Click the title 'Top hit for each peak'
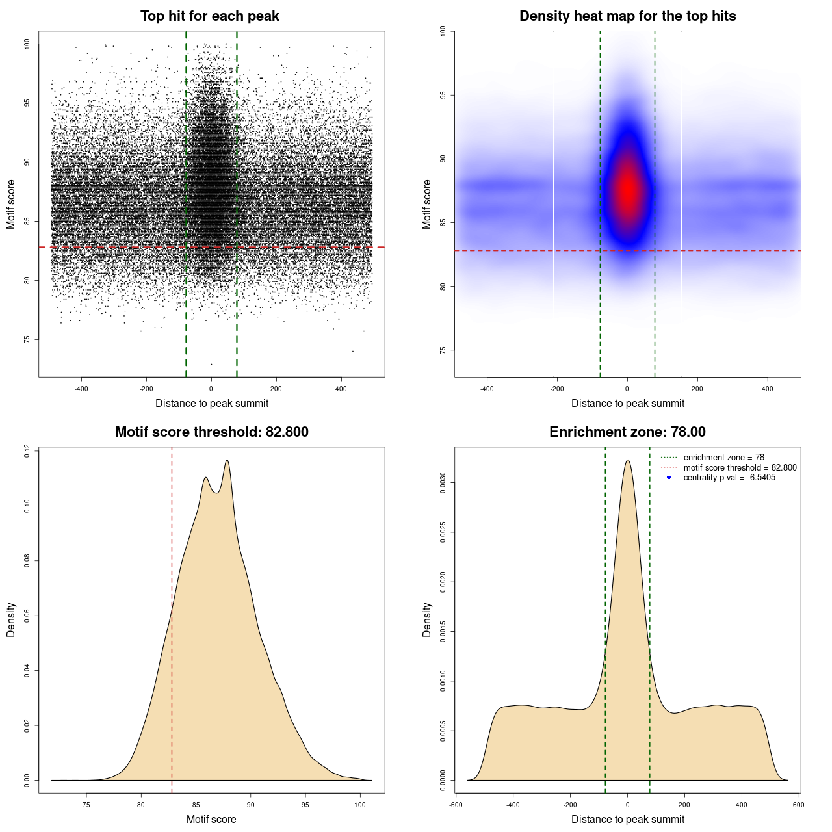pos(209,16)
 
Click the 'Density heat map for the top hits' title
pos(627,16)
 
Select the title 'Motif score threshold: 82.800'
pos(211,432)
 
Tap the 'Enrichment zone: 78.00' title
pos(627,432)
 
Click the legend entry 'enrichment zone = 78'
pos(723,458)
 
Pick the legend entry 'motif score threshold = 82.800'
pos(740,467)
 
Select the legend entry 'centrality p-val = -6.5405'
pos(729,478)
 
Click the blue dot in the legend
pos(669,478)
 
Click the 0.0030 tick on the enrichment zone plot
pos(443,483)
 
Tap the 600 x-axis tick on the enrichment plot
pos(799,805)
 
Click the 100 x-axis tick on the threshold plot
pos(360,805)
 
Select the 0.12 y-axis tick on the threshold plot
pos(27,450)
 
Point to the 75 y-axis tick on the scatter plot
pos(27,339)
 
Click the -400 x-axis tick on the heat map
pos(487,389)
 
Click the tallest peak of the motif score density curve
pos(227,460)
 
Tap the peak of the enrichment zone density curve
pos(627,460)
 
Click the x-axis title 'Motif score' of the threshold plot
pos(211,819)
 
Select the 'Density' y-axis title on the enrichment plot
pos(427,619)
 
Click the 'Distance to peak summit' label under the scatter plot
pos(212,403)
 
